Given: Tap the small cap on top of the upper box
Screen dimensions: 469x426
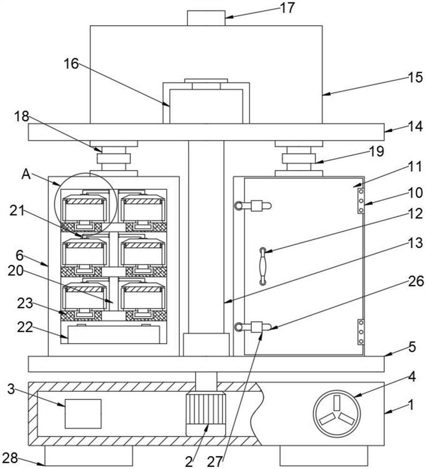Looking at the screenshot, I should click(x=206, y=18).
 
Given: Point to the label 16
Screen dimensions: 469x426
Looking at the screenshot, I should click(x=71, y=64).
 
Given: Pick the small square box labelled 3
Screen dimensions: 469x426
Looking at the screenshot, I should click(x=83, y=414).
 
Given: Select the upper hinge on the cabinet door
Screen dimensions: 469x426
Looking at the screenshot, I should click(x=361, y=200).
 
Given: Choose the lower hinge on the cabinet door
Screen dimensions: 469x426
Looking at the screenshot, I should click(x=361, y=332).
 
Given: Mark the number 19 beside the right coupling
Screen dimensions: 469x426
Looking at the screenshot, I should click(x=377, y=151).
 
